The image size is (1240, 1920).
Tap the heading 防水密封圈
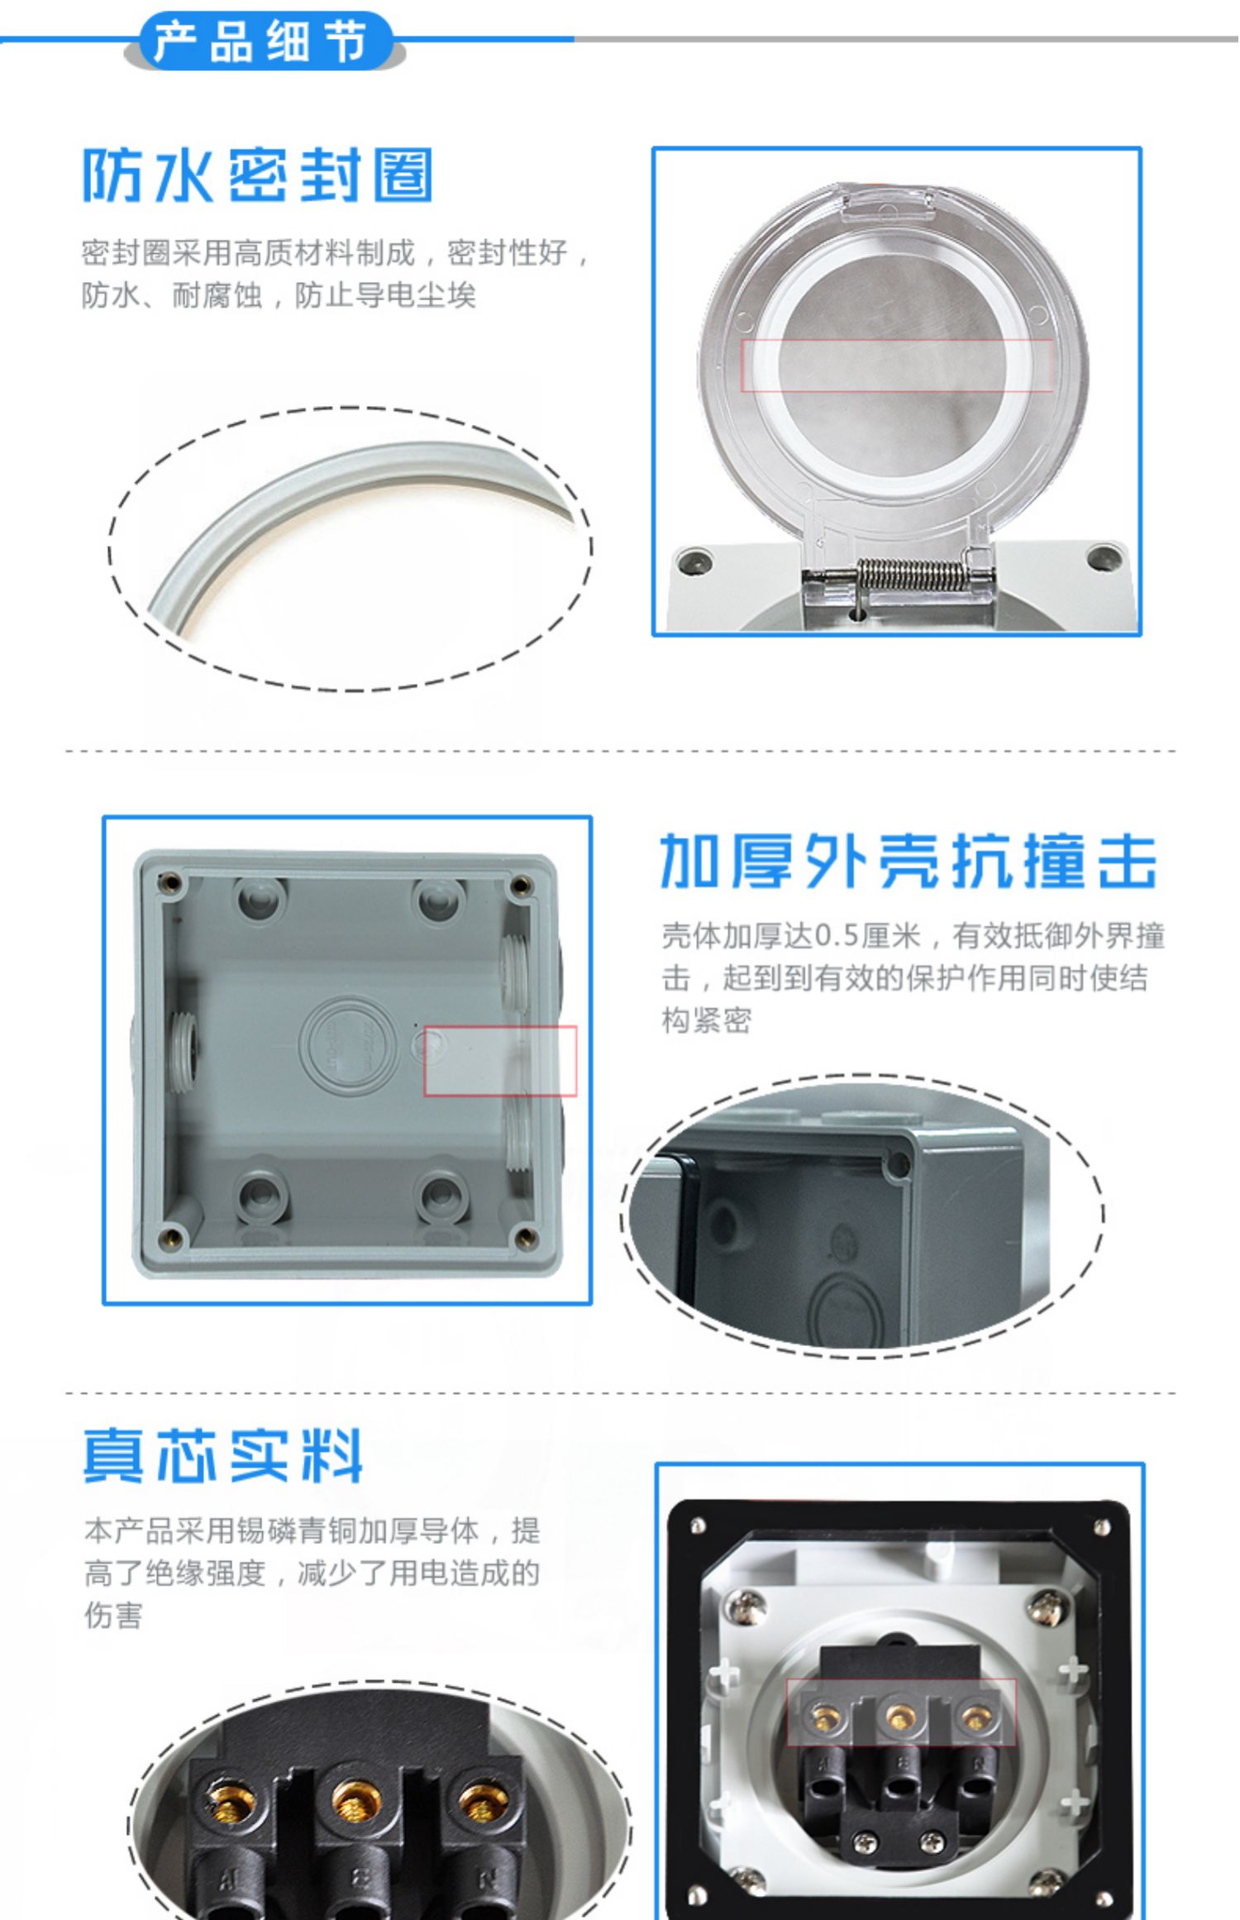pos(258,176)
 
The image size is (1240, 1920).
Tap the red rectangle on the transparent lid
pos(897,365)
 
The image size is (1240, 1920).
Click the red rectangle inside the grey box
pos(500,1061)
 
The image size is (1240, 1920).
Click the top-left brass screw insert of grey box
pos(172,883)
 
